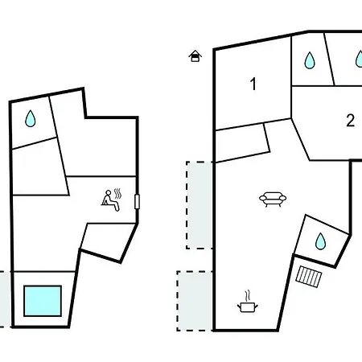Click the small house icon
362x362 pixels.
tap(195, 56)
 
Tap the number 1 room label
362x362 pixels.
tap(253, 84)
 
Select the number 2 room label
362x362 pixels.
tap(350, 121)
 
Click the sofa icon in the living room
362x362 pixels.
tap(273, 200)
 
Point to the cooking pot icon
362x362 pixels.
tap(248, 307)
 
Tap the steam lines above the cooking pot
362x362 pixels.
tap(247, 295)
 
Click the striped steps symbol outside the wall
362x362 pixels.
tap(309, 277)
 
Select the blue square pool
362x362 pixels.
tap(43, 301)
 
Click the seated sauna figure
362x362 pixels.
tap(110, 201)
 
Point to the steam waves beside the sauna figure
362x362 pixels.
tap(117, 193)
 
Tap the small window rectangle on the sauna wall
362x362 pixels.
tap(137, 202)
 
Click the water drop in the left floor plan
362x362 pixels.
tap(31, 118)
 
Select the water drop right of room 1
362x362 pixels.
tap(310, 60)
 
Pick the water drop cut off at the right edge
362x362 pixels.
tap(359, 59)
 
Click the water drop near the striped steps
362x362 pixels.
tap(320, 241)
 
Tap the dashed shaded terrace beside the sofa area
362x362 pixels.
tap(200, 205)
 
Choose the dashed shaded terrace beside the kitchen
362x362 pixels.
tap(195, 301)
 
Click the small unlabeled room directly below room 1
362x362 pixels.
tap(242, 143)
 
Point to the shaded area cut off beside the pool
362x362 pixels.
tap(5, 299)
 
